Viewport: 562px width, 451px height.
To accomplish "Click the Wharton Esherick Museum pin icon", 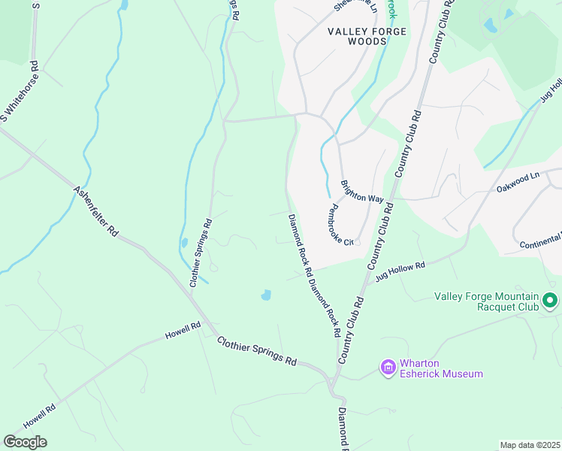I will tap(388, 367).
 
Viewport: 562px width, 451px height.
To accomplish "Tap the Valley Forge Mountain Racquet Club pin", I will tap(550, 301).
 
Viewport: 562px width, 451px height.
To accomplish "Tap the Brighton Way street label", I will tap(362, 192).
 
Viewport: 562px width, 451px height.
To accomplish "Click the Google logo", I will tap(25, 442).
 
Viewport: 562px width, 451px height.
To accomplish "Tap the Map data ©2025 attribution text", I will tap(530, 445).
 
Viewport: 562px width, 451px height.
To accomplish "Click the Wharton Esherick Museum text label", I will tap(440, 368).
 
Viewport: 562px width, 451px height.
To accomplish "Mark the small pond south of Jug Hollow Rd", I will tap(266, 295).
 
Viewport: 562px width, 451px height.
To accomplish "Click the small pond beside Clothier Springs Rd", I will tap(184, 244).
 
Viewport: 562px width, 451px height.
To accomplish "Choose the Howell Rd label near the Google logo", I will tap(40, 418).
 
